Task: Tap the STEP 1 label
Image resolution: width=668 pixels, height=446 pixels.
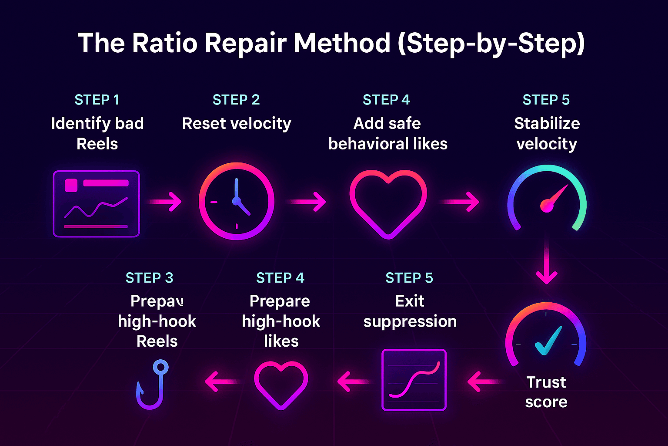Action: click(97, 100)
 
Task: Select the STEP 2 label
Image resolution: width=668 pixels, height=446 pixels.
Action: click(236, 100)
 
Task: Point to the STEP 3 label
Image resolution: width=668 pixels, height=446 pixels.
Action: click(149, 278)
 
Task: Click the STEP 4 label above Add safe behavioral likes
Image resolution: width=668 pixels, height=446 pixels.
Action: click(386, 100)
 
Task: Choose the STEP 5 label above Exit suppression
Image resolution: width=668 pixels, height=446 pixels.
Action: click(409, 278)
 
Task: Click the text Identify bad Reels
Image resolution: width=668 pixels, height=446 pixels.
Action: click(97, 133)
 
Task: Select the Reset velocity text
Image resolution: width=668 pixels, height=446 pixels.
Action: click(236, 123)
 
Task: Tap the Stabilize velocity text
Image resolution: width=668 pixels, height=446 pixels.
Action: click(547, 133)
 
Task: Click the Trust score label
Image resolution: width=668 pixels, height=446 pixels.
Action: click(546, 392)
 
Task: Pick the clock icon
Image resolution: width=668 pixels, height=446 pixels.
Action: click(236, 201)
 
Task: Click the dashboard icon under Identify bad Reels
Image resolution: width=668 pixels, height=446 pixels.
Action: click(96, 204)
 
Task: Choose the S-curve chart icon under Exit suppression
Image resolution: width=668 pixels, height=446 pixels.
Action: click(414, 380)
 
